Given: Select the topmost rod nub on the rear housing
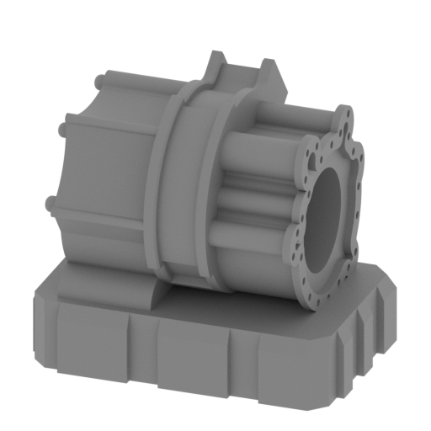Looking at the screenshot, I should [100, 82].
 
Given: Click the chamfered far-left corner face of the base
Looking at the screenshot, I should [38, 320].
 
